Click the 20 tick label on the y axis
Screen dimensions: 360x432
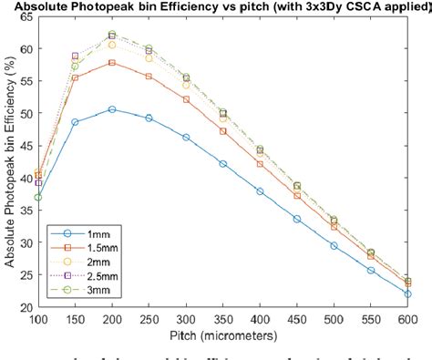pos(23,307)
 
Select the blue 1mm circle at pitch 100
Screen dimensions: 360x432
pos(38,197)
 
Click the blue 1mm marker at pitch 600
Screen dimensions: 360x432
pos(407,293)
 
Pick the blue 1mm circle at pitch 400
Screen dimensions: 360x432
pos(260,191)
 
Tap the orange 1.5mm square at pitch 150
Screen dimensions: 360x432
pos(76,77)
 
